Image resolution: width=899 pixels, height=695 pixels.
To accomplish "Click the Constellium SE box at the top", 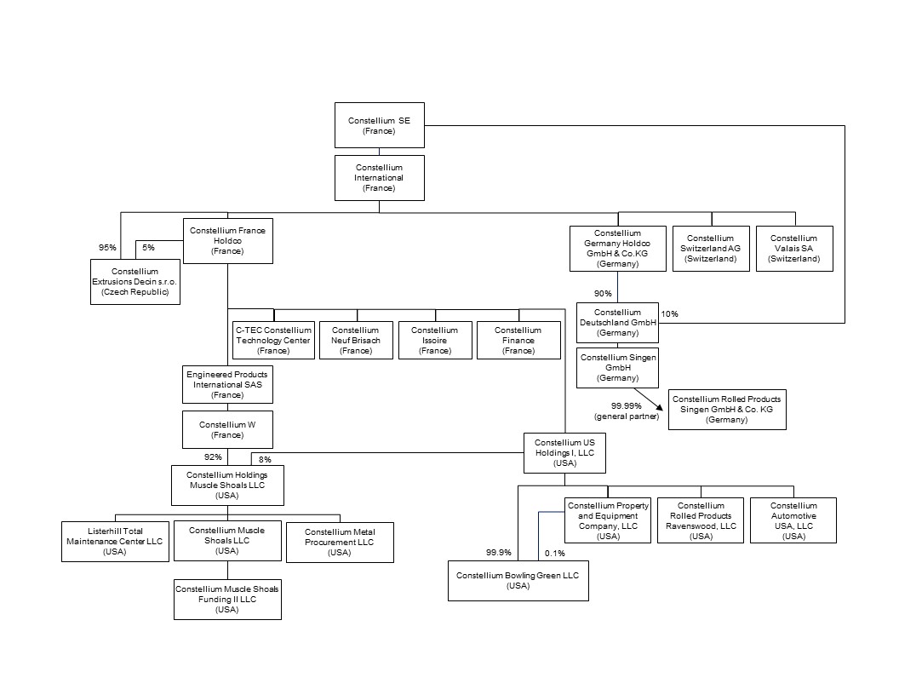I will click(379, 125).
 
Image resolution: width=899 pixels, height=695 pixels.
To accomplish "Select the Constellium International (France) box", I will click(379, 178).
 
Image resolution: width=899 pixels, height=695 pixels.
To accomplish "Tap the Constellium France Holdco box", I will click(227, 241).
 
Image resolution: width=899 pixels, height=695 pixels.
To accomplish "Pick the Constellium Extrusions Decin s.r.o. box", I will click(135, 282).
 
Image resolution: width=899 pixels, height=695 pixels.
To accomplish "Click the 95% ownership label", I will click(107, 248).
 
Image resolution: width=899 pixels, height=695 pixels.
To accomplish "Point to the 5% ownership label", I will click(148, 248).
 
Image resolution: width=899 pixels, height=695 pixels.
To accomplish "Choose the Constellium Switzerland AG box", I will click(710, 249).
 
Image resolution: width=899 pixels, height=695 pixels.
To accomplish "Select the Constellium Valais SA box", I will click(794, 249).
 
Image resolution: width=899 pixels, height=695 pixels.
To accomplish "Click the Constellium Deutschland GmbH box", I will click(618, 323).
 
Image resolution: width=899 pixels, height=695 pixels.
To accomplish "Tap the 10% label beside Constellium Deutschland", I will click(670, 313).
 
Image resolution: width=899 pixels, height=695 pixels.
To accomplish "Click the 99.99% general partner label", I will click(626, 411).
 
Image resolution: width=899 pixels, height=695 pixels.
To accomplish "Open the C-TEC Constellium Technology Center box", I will click(273, 340).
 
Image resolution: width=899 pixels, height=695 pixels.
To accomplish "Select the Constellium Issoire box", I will click(434, 340).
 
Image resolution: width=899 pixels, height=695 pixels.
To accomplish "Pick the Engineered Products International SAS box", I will click(227, 384).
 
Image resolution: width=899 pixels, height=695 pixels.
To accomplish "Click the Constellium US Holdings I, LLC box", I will click(564, 453).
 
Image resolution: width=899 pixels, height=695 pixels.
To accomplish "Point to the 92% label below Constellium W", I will click(201, 457).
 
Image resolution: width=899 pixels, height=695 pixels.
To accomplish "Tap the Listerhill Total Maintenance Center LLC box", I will click(113, 541).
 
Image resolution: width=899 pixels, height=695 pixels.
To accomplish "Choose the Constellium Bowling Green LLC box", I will click(518, 580).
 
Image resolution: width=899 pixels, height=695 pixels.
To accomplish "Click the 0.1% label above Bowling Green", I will click(554, 553).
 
